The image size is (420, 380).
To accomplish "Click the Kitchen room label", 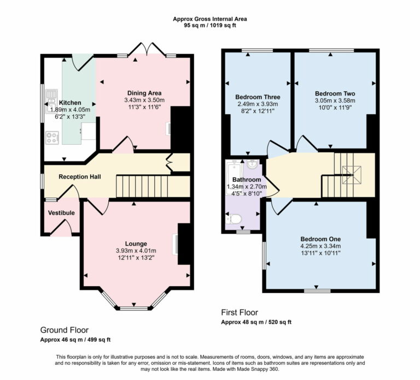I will (70, 103).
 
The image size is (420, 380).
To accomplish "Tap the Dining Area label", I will (144, 93).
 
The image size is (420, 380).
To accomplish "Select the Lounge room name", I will (135, 244).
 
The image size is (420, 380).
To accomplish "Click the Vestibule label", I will (61, 212).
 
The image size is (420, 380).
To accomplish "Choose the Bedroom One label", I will (320, 239).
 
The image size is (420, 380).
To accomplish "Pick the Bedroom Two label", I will (335, 93).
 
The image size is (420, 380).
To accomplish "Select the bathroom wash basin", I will (253, 164).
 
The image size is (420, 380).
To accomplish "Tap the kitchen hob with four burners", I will (52, 138).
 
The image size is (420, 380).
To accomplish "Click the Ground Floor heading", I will (64, 330).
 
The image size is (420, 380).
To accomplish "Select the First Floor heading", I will (239, 312).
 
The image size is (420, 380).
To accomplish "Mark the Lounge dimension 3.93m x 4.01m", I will (135, 251).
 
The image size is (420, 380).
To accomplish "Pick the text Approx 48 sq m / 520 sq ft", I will (256, 322).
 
